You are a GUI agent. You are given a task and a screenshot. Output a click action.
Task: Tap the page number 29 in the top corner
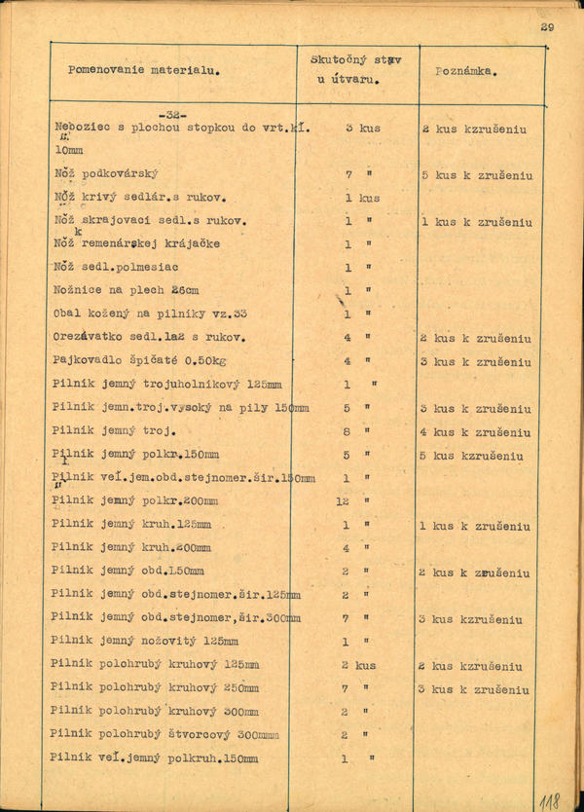point(546,27)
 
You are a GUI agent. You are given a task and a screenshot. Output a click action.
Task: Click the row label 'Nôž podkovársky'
point(106,174)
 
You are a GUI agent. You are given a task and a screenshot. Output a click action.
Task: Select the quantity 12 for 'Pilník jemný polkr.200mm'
point(343,501)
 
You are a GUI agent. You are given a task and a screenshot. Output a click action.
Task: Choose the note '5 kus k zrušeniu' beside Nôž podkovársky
point(477,175)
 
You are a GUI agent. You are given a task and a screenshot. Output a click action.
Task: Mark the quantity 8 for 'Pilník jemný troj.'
point(347,431)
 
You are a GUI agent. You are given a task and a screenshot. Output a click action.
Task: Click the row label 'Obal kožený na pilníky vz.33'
point(150,314)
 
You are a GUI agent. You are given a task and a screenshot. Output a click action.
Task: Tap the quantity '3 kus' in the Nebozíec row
point(362,128)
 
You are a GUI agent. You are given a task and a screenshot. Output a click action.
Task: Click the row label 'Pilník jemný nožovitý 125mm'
point(144,642)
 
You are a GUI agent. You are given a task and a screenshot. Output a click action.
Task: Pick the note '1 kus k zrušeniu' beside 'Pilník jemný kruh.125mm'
point(475,526)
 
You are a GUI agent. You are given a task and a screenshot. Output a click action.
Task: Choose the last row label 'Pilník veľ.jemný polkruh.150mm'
point(154,758)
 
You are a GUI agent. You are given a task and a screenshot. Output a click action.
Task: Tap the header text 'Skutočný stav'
point(356,59)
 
